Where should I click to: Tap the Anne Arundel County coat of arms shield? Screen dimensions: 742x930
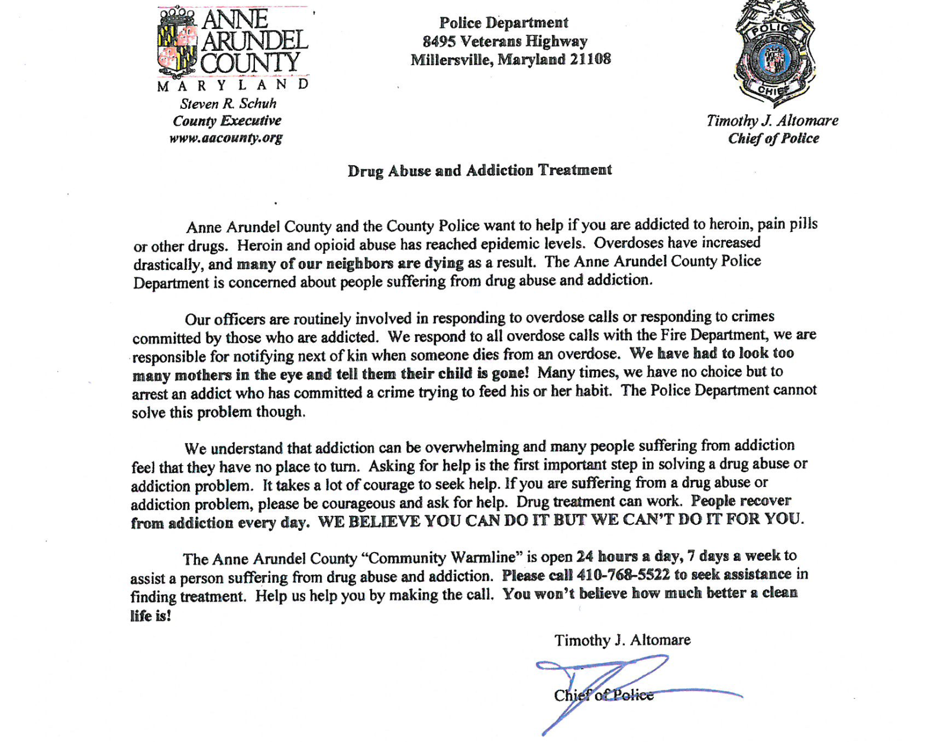(177, 43)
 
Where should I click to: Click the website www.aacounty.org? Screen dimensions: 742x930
(226, 138)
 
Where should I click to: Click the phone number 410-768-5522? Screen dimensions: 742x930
(623, 575)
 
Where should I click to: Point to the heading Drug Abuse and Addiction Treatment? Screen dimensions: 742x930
(480, 170)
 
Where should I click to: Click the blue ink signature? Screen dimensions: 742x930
(609, 686)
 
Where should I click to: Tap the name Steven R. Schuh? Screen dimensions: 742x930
(228, 104)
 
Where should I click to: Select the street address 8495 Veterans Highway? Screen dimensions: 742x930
(505, 41)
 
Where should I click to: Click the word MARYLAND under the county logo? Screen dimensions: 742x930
(233, 86)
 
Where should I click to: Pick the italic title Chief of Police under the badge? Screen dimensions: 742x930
(773, 138)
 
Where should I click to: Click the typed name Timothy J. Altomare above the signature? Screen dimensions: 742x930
(622, 640)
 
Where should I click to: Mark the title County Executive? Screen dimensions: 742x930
(227, 121)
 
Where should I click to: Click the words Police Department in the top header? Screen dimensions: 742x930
(503, 23)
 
